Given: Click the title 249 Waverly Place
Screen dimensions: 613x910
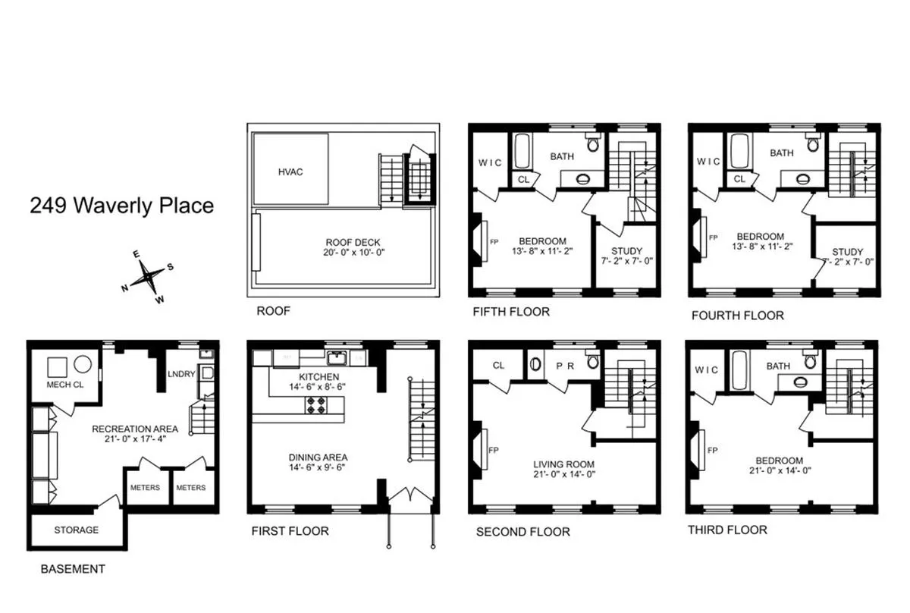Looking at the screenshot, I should (122, 206).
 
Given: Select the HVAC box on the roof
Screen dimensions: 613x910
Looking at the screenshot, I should (290, 171).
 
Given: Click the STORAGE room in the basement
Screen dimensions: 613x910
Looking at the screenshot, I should (76, 530).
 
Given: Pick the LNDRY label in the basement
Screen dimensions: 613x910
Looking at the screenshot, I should (182, 373).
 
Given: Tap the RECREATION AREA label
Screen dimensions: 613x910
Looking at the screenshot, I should (135, 429).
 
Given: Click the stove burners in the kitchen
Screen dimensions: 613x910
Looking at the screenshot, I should (316, 405).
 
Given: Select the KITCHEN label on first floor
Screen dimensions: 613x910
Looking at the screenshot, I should (318, 376).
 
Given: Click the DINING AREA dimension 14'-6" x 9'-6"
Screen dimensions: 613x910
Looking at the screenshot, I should (318, 468).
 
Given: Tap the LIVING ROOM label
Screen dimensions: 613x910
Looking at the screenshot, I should (563, 464).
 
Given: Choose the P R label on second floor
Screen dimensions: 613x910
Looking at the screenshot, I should (566, 365).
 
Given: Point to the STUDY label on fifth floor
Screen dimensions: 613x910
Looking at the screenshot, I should (626, 251).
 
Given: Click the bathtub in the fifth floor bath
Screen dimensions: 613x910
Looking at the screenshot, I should (522, 152).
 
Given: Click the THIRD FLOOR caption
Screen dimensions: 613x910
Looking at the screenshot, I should (727, 530).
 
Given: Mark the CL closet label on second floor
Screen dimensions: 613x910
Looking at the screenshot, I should (498, 365).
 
